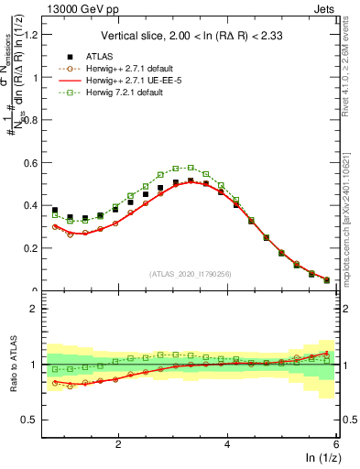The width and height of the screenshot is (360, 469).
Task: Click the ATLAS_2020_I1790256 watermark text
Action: tap(191, 273)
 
